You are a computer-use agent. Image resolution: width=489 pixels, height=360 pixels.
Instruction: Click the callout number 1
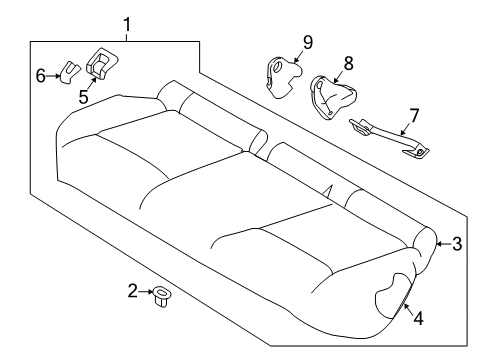126,23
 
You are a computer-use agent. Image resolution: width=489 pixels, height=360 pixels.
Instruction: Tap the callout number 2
132,291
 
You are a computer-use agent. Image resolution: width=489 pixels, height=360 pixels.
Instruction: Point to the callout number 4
418,319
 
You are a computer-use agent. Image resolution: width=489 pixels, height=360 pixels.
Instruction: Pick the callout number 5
84,96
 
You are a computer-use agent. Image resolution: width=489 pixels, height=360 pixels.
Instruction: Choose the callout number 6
41,75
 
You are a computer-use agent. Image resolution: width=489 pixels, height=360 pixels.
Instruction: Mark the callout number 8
348,63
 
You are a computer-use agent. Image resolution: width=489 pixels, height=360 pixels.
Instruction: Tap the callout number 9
308,41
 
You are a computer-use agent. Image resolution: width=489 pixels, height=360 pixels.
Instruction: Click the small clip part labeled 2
161,296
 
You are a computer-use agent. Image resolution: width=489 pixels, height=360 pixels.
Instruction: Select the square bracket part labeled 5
102,64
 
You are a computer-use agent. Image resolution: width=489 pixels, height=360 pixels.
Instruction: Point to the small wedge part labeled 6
67,71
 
